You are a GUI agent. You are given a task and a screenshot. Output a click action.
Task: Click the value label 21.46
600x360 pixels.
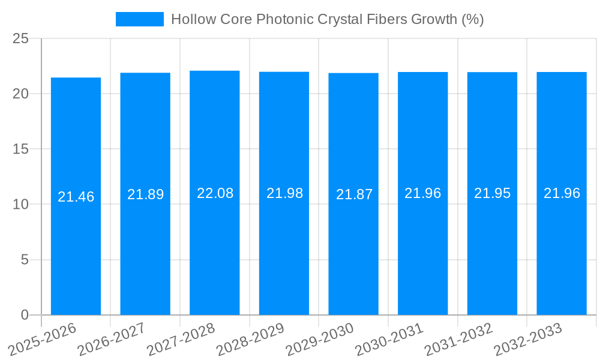coord(76,197)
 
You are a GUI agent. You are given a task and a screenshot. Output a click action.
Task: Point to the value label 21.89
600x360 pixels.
coord(145,194)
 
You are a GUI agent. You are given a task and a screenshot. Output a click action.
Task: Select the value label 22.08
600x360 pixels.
coord(215,193)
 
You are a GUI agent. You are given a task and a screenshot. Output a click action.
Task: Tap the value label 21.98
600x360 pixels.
coord(284,193)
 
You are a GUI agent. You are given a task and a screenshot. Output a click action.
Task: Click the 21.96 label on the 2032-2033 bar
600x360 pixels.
coord(562,193)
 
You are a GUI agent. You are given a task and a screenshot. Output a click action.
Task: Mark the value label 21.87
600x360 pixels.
coord(354,194)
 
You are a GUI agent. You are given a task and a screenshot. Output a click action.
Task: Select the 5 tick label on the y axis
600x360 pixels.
coord(25,260)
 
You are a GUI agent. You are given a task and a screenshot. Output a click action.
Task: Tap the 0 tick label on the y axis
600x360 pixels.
coord(25,315)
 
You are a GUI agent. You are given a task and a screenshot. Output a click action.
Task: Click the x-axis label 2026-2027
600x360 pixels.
coord(113,340)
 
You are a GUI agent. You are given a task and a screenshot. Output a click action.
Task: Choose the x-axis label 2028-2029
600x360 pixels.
coord(250,340)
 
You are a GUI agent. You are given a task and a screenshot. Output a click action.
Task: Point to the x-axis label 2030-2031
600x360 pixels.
coord(389,340)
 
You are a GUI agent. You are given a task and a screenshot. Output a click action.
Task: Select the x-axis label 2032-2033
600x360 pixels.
coord(528,340)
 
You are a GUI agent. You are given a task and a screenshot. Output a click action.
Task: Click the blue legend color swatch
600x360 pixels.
coord(139,19)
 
